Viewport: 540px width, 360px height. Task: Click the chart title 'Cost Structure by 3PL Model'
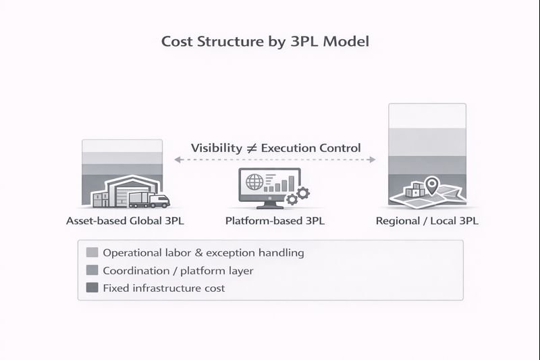(x=265, y=41)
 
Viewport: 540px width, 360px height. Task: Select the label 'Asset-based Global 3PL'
(x=125, y=221)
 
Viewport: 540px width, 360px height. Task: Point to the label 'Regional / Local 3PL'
(x=427, y=221)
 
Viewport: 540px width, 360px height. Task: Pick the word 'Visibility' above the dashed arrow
(x=216, y=148)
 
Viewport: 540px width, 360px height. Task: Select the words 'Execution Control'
(x=310, y=148)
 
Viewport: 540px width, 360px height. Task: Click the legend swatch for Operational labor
(x=92, y=253)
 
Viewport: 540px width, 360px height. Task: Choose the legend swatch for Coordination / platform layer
(x=92, y=270)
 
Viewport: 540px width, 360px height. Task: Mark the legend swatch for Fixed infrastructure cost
(x=92, y=288)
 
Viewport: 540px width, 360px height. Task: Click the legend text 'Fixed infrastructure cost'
(x=163, y=288)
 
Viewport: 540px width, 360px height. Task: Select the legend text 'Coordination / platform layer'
(x=178, y=270)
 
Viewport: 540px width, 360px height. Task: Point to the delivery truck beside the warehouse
(x=149, y=199)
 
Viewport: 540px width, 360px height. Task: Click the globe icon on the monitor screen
(x=254, y=182)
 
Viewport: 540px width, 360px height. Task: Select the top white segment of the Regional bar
(x=427, y=116)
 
